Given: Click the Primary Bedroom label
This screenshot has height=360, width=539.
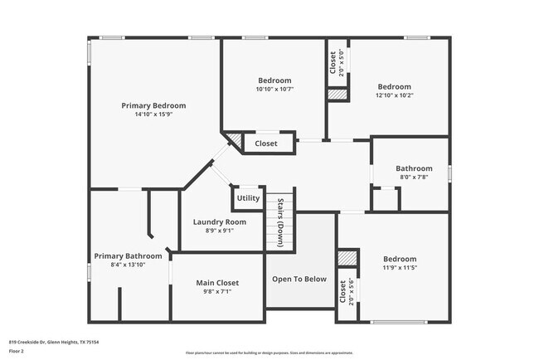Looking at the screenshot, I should coord(153,105).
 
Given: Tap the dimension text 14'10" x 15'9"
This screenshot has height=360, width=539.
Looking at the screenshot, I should coord(153,114).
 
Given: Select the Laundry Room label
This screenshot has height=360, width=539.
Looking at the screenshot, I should coord(219,221).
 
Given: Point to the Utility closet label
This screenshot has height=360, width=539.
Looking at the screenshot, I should coord(248,198).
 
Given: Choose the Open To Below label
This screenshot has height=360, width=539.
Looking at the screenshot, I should coord(299,279).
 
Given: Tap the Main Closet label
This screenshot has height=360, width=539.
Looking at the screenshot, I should coord(216,283).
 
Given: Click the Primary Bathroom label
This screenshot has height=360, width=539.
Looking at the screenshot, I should coord(128,255).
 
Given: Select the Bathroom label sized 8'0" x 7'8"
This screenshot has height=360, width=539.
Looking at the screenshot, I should coord(414,168).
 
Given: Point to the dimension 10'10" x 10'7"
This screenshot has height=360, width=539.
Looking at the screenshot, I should coord(274,89).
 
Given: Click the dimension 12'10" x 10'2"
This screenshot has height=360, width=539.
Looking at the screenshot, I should coord(394,95).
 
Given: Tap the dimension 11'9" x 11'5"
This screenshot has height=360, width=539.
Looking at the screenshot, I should coord(400,268).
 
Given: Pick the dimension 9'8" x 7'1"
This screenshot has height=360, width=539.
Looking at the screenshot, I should coord(216,292).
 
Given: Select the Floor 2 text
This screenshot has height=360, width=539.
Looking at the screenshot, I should coord(16,351).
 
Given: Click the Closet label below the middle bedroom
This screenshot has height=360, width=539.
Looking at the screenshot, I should coord(266,144).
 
